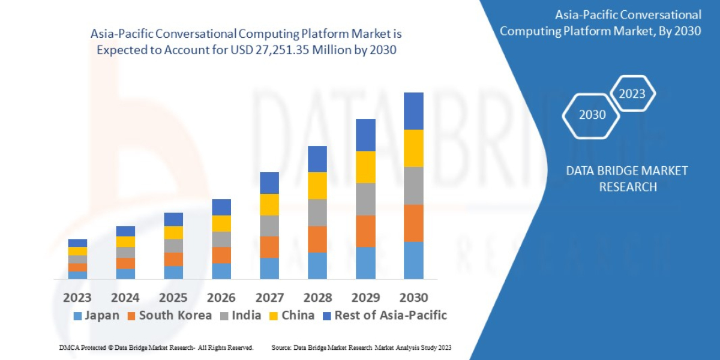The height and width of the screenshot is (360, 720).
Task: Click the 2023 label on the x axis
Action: pos(77,298)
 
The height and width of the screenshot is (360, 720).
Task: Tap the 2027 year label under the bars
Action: pos(269,298)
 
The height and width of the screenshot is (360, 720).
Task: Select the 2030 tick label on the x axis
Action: pos(413,298)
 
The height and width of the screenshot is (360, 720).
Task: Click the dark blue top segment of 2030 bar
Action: pos(413,111)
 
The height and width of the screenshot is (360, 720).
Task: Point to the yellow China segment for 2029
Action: pos(365,167)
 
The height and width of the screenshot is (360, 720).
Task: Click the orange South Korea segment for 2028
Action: pos(317,239)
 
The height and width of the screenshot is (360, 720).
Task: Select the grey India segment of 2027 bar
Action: pos(269,226)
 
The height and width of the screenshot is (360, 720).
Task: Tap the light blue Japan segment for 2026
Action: pos(221,271)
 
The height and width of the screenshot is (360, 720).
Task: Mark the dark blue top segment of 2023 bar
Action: pos(77,243)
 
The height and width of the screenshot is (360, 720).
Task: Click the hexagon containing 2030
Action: pos(592,115)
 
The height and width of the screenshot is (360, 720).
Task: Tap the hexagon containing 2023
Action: pos(632,94)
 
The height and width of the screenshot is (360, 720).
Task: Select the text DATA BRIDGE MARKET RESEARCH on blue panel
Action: pos(627,179)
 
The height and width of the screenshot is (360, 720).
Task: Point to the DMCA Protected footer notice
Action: pos(157,347)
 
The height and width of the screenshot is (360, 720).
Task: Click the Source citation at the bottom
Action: pos(361,347)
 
